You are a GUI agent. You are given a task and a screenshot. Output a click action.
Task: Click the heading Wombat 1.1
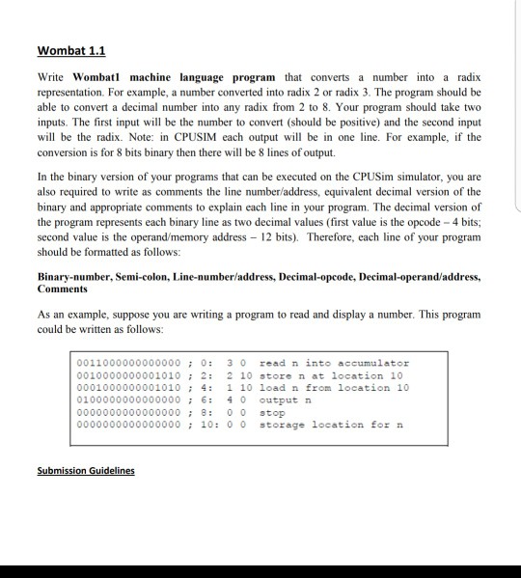(x=70, y=50)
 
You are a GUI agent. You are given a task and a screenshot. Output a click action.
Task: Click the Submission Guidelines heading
(x=87, y=470)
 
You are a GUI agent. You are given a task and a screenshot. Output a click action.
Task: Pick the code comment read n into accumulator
(x=334, y=363)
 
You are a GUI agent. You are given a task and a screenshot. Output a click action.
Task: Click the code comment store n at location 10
(x=334, y=375)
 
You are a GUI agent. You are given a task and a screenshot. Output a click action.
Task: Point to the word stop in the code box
(x=273, y=413)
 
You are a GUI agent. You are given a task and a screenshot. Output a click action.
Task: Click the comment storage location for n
(x=323, y=426)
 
